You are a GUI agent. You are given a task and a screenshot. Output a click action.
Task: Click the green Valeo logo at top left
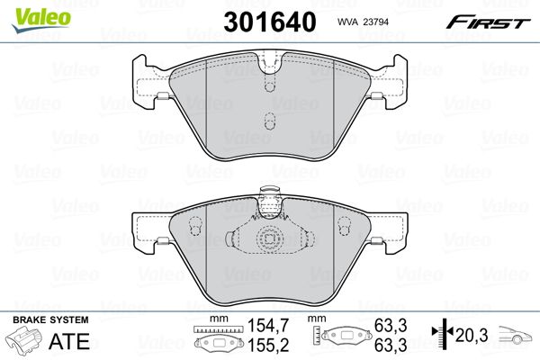coord(41,20)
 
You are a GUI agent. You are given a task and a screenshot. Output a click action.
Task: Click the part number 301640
coord(270,22)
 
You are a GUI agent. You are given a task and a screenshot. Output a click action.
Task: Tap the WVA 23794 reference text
coord(363,22)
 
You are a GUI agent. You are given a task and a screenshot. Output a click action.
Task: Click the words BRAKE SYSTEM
coord(50,319)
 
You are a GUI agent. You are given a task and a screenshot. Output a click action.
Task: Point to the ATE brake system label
coord(69,341)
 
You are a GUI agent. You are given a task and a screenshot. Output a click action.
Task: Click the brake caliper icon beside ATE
coord(23,339)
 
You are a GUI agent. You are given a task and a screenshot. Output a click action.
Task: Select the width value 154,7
coord(268,325)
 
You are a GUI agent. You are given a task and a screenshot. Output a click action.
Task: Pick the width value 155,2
coord(268,345)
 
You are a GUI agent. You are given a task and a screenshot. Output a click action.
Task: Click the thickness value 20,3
coord(472,335)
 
